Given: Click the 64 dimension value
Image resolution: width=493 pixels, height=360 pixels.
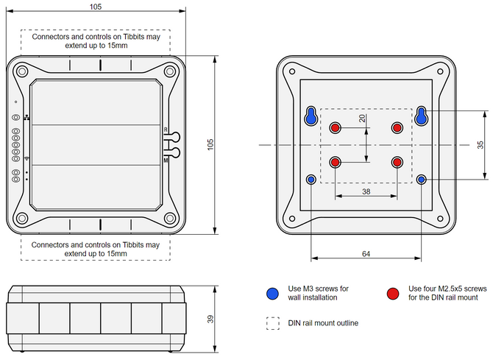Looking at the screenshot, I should click(x=366, y=253).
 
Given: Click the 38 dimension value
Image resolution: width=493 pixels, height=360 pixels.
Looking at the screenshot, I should click(x=366, y=191).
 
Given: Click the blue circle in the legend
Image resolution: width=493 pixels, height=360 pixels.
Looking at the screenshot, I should click(x=273, y=293).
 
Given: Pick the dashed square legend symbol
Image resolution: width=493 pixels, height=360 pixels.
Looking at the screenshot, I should click(x=273, y=322).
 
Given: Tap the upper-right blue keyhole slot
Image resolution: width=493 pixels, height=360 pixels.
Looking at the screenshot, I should click(x=422, y=116).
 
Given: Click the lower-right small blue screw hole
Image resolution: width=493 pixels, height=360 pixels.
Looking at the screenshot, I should click(x=422, y=179).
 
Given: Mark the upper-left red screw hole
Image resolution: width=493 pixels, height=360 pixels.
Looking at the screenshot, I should click(x=336, y=128).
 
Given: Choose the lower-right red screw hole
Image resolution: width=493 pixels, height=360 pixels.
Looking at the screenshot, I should click(x=398, y=162).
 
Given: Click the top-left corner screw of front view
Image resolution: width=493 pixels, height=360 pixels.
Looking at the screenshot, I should click(x=22, y=71).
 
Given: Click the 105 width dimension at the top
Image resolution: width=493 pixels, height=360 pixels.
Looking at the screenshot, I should click(x=96, y=6).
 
